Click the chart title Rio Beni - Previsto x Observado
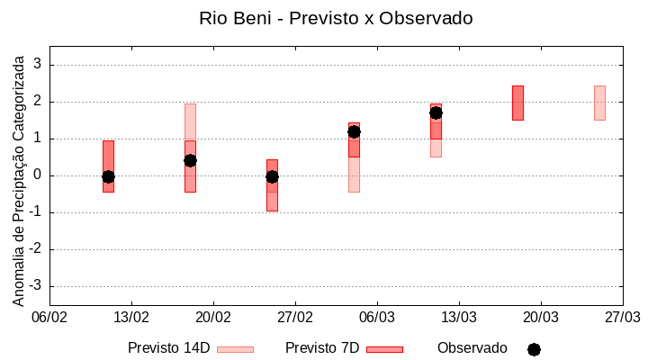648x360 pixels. point(335,18)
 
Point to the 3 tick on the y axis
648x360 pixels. point(38,65)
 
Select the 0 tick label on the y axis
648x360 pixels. point(38,175)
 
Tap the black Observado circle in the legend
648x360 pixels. point(534,349)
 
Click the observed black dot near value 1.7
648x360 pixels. point(436,112)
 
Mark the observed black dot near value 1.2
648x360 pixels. point(354,131)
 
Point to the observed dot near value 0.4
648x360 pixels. point(190,160)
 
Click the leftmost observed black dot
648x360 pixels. point(108,176)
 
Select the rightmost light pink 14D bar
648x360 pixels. point(599,103)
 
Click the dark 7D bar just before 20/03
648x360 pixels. point(517,103)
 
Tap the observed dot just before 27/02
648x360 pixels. point(272,176)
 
